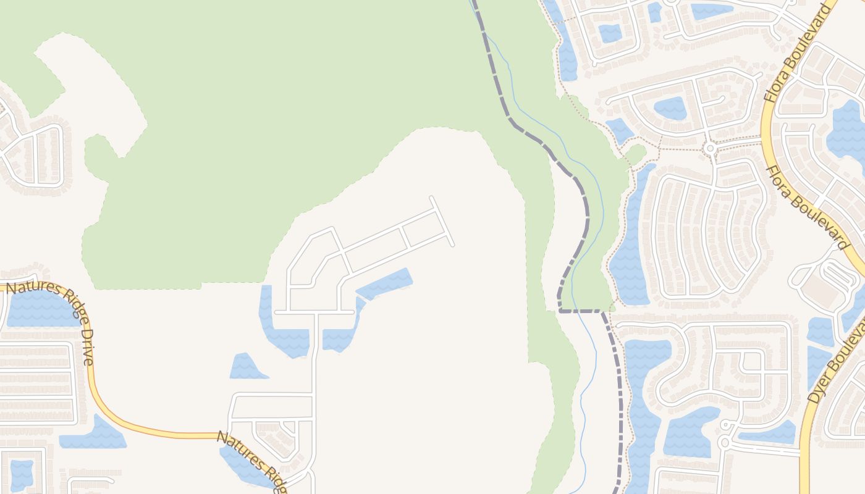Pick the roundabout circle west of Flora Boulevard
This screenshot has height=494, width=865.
coord(710,148)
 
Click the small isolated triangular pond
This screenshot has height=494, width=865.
coord(247,367)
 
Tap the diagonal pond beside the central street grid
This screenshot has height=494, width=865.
coord(384,283)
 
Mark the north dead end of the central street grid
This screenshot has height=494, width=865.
coord(431,198)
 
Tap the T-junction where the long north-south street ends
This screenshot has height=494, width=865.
coord(316,312)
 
